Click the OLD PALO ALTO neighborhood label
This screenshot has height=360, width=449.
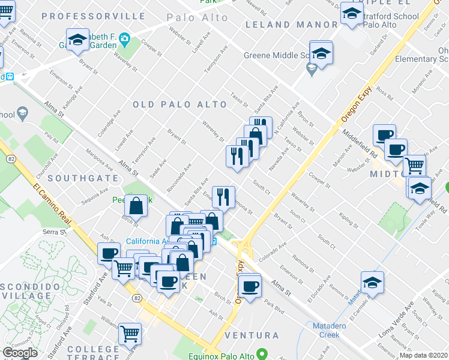pyautogui.click(x=180, y=104)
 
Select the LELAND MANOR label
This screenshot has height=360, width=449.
pyautogui.click(x=292, y=25)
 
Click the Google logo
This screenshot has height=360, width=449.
pyautogui.click(x=20, y=353)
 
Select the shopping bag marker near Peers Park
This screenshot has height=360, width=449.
pyautogui.click(x=137, y=206)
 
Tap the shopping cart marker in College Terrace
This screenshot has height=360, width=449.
pyautogui.click(x=130, y=334)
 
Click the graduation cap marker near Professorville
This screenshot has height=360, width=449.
pyautogui.click(x=77, y=40)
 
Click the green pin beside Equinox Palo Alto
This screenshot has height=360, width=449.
pyautogui.click(x=261, y=353)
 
